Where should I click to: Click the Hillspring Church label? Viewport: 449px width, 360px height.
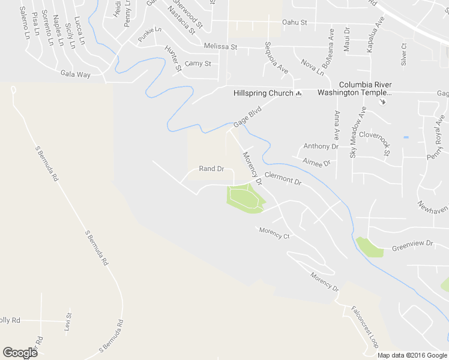(x=263, y=93)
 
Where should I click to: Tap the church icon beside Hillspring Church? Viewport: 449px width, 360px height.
(x=298, y=93)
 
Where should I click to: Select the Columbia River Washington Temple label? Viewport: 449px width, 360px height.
(x=354, y=89)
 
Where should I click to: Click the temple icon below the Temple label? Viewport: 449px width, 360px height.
(x=384, y=101)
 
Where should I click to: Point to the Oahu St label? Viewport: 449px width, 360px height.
(x=295, y=23)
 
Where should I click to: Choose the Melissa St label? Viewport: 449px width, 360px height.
(x=220, y=46)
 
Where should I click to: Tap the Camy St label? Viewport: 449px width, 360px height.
(x=198, y=63)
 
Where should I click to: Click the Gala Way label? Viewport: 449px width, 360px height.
(x=75, y=74)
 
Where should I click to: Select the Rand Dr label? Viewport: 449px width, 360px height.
(x=211, y=169)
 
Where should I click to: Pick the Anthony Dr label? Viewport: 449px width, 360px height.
(x=321, y=146)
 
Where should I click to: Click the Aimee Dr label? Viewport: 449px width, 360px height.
(x=317, y=163)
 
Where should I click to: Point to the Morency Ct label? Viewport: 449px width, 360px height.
(x=274, y=233)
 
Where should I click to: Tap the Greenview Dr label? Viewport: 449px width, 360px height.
(x=412, y=245)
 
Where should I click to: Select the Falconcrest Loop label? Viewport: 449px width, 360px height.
(x=365, y=327)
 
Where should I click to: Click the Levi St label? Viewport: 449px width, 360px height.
(x=68, y=323)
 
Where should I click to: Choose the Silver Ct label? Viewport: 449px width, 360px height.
(x=403, y=54)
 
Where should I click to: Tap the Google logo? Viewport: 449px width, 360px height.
(x=20, y=353)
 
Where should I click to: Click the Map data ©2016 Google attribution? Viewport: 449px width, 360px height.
(x=412, y=355)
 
